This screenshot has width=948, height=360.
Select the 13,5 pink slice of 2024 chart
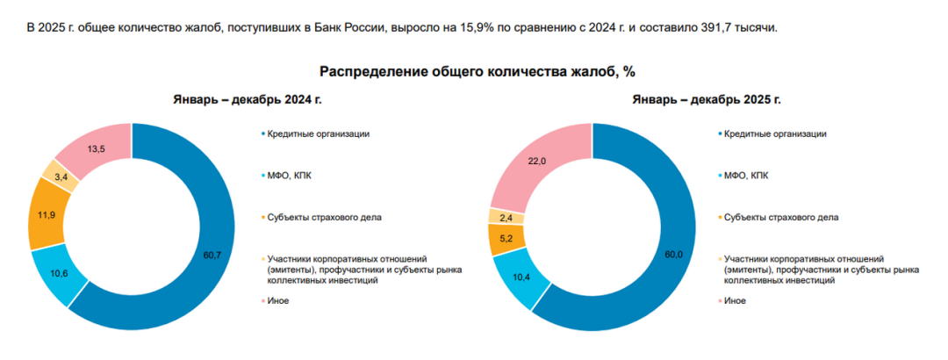(x=97, y=148)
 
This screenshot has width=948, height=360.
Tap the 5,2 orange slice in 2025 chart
(x=506, y=238)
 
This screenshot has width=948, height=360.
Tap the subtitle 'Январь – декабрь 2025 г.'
(x=705, y=99)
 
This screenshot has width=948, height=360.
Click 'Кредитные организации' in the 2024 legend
(x=318, y=133)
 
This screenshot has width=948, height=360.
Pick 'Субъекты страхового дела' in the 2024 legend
(x=324, y=217)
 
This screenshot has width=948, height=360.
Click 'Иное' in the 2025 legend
(x=736, y=300)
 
